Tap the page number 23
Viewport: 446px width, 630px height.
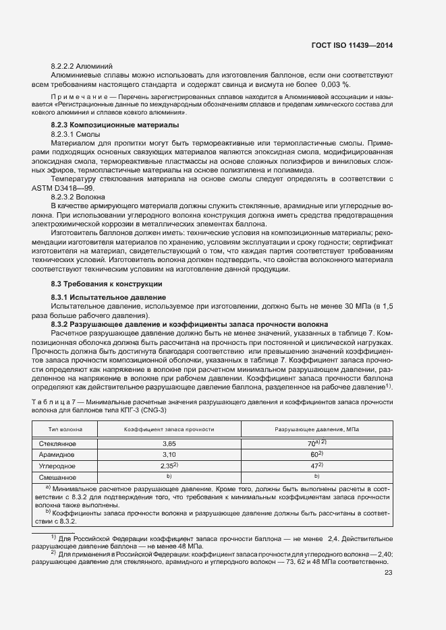388,573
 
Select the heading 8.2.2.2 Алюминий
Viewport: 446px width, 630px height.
77,68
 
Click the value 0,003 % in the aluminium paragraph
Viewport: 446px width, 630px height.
334,84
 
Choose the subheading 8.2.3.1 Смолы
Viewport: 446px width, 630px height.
76,135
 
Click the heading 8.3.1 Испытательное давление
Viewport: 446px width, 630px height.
108,297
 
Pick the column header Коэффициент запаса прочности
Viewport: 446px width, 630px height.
169,429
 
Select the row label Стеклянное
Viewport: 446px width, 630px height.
57,444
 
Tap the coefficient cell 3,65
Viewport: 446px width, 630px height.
169,445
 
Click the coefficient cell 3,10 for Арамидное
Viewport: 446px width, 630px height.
169,455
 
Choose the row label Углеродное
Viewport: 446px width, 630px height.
57,466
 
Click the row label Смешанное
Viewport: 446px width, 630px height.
57,477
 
